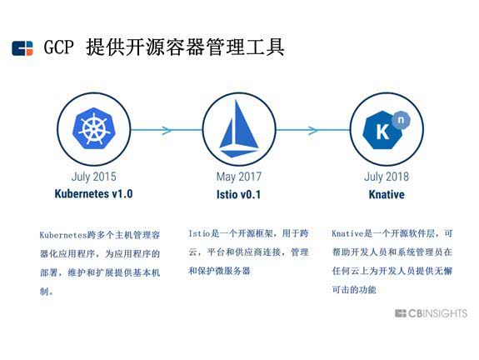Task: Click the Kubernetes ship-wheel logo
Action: pyautogui.click(x=93, y=128)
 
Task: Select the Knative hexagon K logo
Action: pyautogui.click(x=383, y=130)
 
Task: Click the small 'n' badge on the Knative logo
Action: pyautogui.click(x=401, y=120)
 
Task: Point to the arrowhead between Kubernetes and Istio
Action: pyautogui.click(x=167, y=130)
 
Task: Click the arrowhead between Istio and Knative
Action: pyautogui.click(x=313, y=130)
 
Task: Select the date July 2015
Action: pyautogui.click(x=93, y=177)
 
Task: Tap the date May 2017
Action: pyautogui.click(x=239, y=177)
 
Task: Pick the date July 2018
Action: pyautogui.click(x=387, y=177)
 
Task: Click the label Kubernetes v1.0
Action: pyautogui.click(x=93, y=194)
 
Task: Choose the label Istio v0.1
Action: pyautogui.click(x=238, y=194)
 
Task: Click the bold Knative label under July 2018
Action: pyautogui.click(x=387, y=194)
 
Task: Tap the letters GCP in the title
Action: pyautogui.click(x=58, y=47)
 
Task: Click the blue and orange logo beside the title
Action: pyautogui.click(x=22, y=48)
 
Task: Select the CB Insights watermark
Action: pyautogui.click(x=431, y=313)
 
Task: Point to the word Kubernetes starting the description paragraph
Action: pyautogui.click(x=63, y=235)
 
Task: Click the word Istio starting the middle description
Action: pyautogui.click(x=199, y=234)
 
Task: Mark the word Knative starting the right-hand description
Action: pyautogui.click(x=347, y=234)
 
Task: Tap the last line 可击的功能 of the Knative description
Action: pyautogui.click(x=354, y=289)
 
